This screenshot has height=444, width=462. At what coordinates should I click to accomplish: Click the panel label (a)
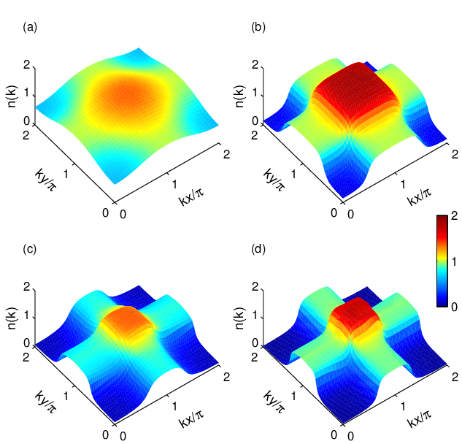[x=30, y=28]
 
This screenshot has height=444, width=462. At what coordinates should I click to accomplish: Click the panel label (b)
[x=258, y=28]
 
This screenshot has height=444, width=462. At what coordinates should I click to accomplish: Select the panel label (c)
[x=30, y=250]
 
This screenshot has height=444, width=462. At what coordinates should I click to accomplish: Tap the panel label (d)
[x=258, y=250]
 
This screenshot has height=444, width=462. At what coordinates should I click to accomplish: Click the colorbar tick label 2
[x=455, y=216]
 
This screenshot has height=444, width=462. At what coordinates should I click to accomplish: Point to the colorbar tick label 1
[x=455, y=261]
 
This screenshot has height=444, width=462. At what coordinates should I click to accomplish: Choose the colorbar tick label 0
[x=455, y=307]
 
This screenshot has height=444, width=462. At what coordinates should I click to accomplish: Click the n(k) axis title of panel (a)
[x=12, y=96]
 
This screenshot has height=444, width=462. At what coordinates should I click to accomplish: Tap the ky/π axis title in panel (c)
[x=46, y=401]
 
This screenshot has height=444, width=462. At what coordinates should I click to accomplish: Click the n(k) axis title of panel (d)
[x=241, y=318]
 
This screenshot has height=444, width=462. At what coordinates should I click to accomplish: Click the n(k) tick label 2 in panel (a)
[x=27, y=65]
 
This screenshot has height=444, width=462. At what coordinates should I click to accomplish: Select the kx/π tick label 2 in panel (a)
[x=226, y=154]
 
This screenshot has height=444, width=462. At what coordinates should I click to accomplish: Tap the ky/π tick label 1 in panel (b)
[x=293, y=174]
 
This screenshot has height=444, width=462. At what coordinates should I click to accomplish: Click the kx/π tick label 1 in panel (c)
[x=174, y=406]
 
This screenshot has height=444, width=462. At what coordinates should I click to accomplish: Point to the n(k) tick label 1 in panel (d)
[x=255, y=315]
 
